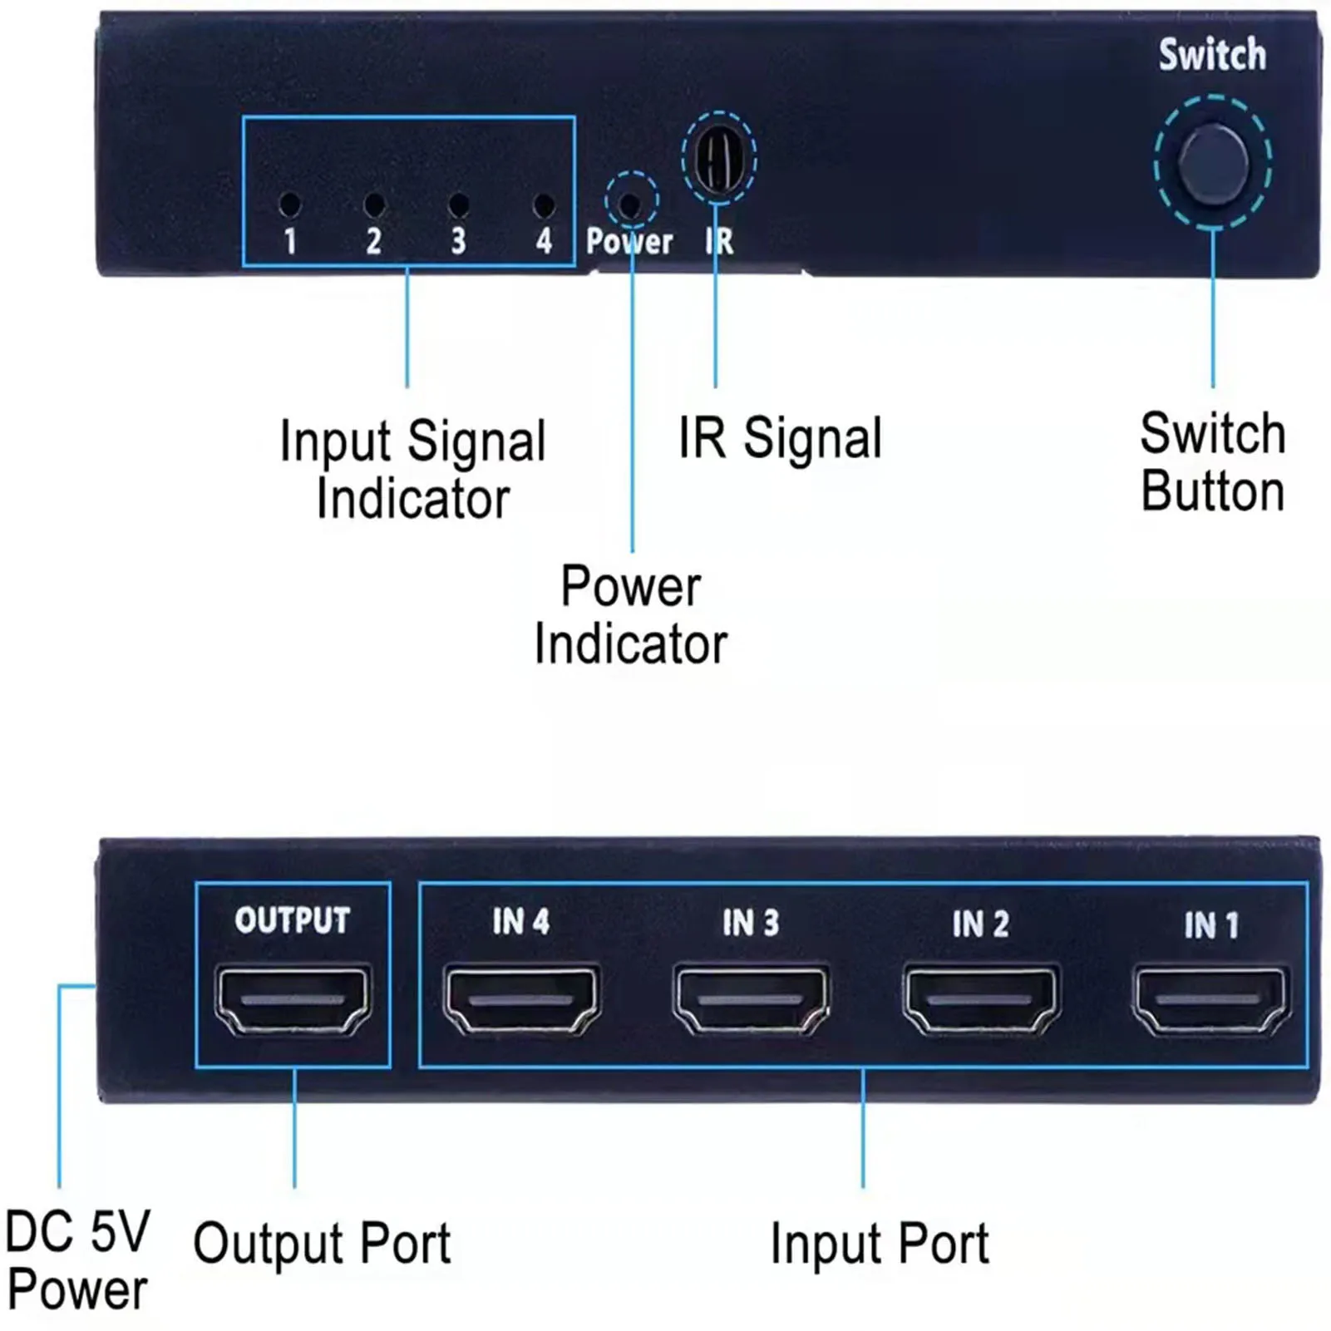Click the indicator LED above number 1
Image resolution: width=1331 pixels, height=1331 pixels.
point(290,204)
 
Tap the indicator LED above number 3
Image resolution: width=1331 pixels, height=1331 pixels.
point(458,205)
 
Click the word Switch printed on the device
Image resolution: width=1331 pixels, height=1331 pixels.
point(1212,55)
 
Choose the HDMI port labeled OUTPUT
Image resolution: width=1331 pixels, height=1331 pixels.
point(293,999)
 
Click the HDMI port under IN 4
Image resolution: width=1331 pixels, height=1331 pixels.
point(521,999)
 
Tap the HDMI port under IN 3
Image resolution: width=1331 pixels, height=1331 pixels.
point(751,999)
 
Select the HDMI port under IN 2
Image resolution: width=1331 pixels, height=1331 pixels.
point(981,999)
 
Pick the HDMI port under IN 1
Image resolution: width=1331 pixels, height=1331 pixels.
point(1210,999)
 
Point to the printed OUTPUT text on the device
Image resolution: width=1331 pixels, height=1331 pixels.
point(293,920)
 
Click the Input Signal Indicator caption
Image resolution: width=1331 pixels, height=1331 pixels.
point(412,470)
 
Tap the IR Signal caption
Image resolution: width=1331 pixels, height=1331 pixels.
point(780,438)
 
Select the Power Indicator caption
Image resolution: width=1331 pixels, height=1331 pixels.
point(630,615)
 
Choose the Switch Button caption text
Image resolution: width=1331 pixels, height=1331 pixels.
point(1212,462)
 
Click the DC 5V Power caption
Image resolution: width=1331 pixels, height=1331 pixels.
point(77,1260)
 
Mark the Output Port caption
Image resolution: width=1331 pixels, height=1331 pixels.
point(322,1244)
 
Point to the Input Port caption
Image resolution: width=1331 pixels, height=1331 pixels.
point(880,1244)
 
